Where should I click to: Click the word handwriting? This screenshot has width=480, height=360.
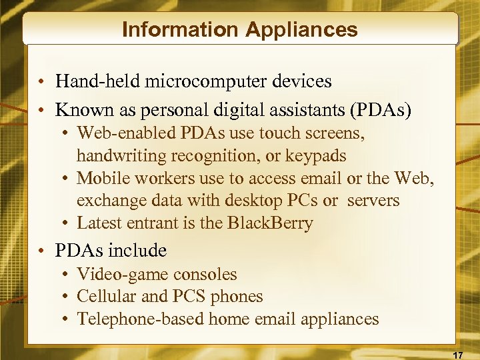tap(118, 155)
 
